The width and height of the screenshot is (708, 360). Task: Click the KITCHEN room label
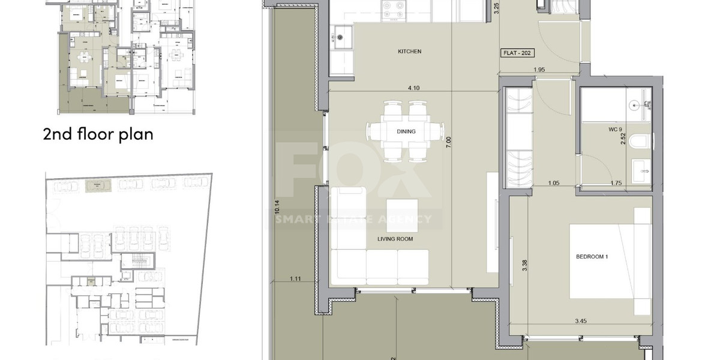[410, 52]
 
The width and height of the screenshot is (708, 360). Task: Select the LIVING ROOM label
[395, 239]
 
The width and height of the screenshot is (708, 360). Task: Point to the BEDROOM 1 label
[592, 257]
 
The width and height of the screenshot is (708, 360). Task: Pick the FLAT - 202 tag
[518, 53]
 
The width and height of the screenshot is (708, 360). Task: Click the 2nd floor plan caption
[98, 134]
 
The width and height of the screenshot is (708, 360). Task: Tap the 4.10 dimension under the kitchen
[413, 88]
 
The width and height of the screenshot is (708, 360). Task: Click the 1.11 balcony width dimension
[295, 278]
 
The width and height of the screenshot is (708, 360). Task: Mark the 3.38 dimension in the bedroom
[524, 265]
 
